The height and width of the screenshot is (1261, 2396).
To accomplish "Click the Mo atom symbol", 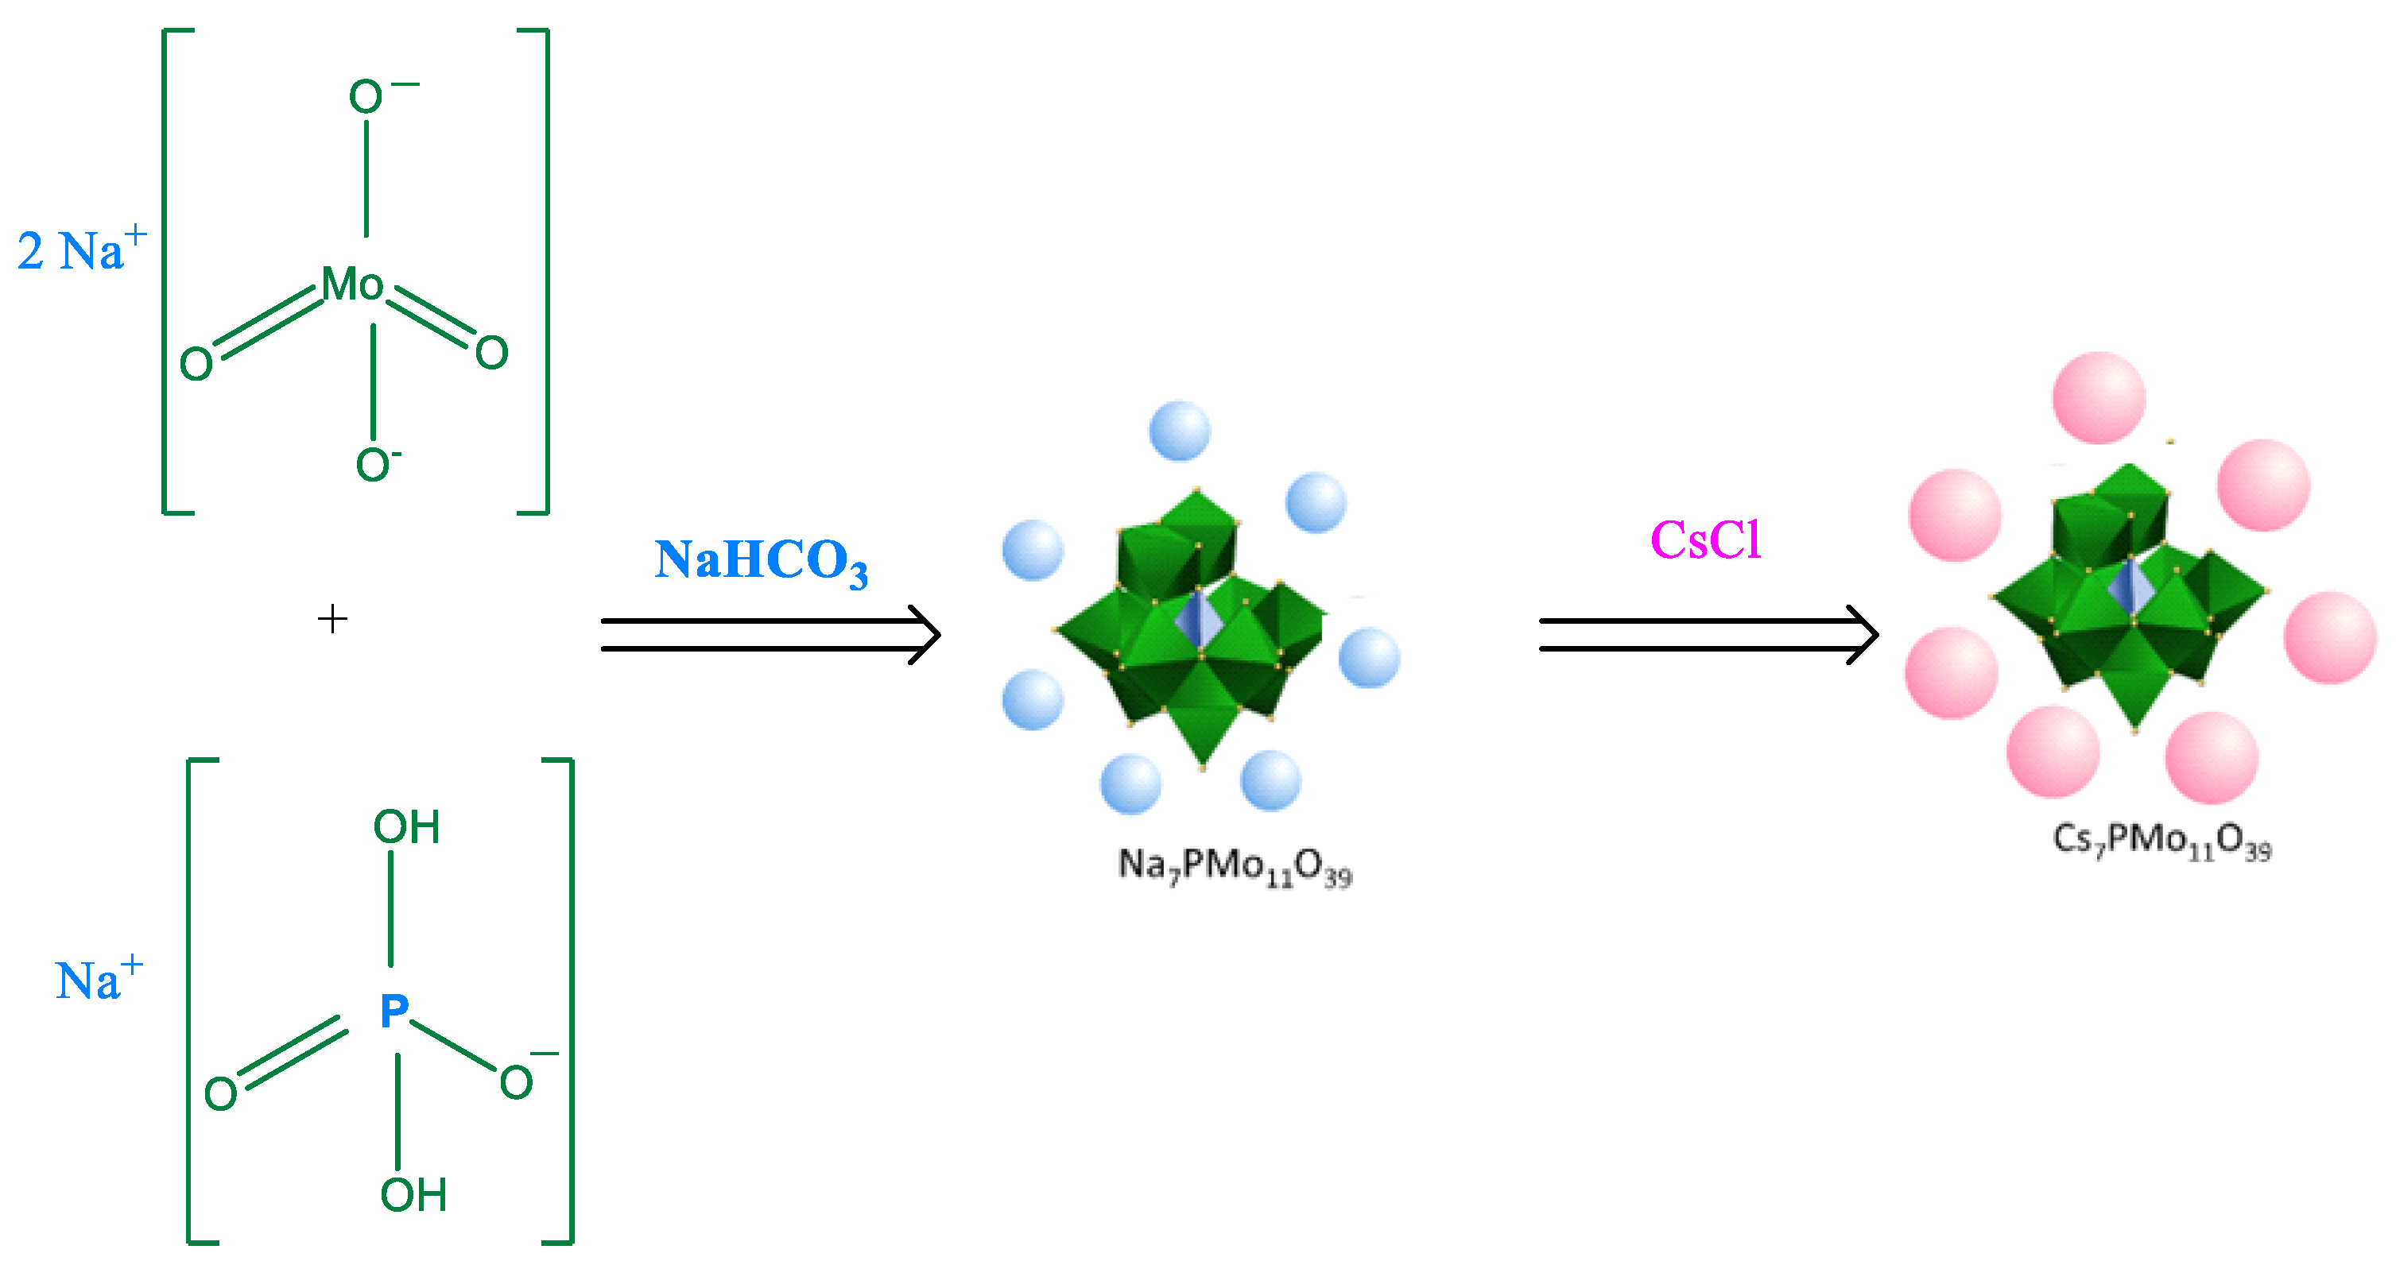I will pyautogui.click(x=352, y=284).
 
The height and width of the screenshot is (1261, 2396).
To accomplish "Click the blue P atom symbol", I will pyautogui.click(x=394, y=1011).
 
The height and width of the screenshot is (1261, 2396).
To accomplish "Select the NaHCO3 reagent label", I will pyautogui.click(x=761, y=561).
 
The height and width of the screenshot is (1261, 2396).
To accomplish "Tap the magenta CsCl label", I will pyautogui.click(x=1706, y=540).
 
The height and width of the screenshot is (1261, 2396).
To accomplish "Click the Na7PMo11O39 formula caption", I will pyautogui.click(x=1235, y=868).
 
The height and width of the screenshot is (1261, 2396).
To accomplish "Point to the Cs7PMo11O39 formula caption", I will pyautogui.click(x=2161, y=841).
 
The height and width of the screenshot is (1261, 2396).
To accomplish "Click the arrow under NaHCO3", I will pyautogui.click(x=770, y=635).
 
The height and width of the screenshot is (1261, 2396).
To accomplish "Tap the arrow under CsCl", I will pyautogui.click(x=1708, y=635).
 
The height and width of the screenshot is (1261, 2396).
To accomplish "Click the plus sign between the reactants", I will pyautogui.click(x=332, y=618).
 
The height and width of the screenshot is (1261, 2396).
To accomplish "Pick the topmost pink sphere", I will pyautogui.click(x=2099, y=397).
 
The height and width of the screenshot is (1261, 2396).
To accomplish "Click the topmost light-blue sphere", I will pyautogui.click(x=1180, y=431).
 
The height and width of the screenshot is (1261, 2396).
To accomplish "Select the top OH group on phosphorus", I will pyautogui.click(x=406, y=826).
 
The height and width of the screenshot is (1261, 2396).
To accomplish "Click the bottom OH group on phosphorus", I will pyautogui.click(x=413, y=1195).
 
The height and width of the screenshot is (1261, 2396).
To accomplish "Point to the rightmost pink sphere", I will pyautogui.click(x=2330, y=638).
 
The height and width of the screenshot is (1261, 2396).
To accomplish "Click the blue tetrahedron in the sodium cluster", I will pyautogui.click(x=1199, y=617).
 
